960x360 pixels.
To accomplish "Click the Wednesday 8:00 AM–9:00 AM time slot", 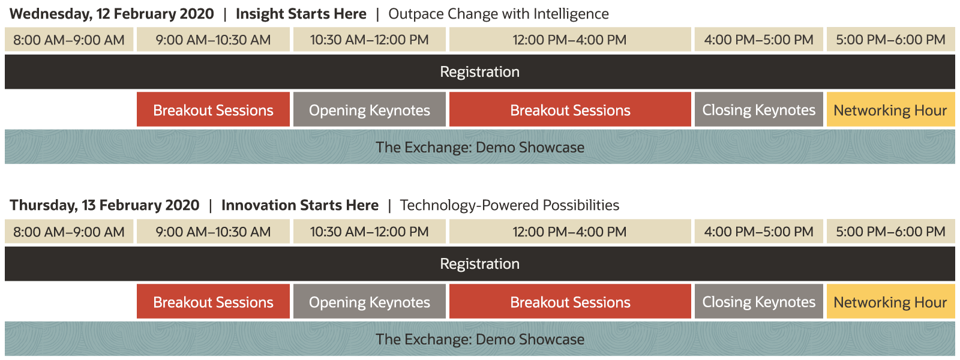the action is point(69,40).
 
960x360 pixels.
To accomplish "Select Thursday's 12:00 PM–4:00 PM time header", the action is point(570,232).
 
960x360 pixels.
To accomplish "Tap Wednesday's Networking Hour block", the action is point(890,109).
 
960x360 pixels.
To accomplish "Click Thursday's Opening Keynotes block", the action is point(370,301).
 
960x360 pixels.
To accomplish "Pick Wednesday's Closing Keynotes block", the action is point(758,109).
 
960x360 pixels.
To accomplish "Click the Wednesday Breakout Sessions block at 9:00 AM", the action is point(213,109).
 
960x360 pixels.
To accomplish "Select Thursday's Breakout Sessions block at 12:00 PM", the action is point(570,301).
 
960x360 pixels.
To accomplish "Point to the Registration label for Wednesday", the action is point(479,71).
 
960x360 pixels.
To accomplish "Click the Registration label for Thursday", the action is point(479,263).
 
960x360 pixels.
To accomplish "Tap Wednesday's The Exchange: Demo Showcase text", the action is point(480,147).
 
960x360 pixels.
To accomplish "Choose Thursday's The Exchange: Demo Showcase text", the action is point(480,339).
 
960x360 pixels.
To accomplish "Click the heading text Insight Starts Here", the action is point(301,14).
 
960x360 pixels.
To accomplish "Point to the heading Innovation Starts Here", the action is point(300,205).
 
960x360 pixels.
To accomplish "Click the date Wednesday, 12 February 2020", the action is point(112,14).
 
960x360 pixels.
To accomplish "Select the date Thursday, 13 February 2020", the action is point(104,205).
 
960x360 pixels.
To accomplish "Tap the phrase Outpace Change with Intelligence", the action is point(499,14).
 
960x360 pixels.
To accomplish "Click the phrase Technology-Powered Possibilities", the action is point(509,205).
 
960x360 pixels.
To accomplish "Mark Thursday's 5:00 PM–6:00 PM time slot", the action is point(890,232).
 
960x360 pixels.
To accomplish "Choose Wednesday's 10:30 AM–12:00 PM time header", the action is point(370,40).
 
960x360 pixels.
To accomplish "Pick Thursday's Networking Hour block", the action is point(890,301).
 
